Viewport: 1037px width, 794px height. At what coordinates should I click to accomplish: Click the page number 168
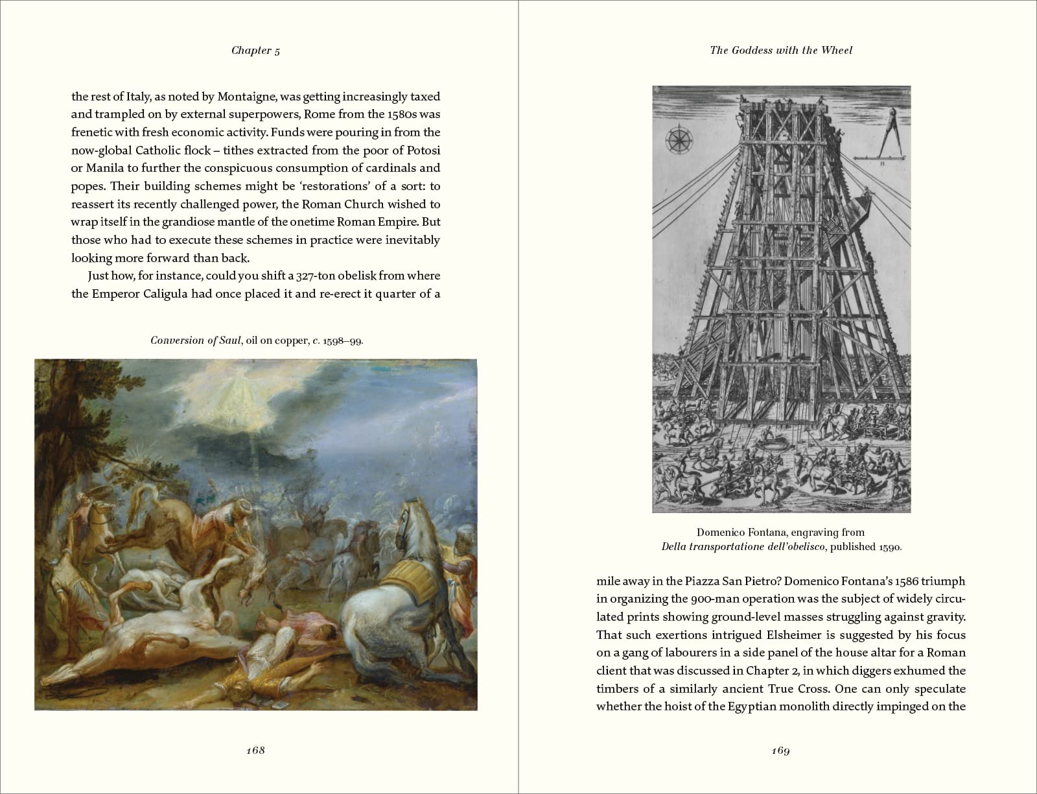pyautogui.click(x=256, y=750)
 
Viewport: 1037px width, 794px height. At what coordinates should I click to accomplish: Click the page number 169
pyautogui.click(x=780, y=751)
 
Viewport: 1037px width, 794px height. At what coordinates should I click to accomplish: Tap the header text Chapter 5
pyautogui.click(x=256, y=51)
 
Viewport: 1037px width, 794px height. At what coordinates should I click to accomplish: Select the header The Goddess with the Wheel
pyautogui.click(x=781, y=50)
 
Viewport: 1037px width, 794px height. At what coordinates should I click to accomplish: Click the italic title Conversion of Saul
pyautogui.click(x=196, y=340)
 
